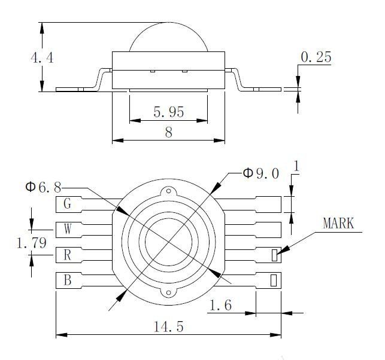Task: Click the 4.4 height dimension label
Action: coord(42,58)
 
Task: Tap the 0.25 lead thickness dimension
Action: coord(316,57)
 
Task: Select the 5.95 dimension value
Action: coord(169,112)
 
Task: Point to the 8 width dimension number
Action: coord(169,132)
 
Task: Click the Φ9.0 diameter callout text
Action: coord(261,173)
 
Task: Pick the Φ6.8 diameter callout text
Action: coord(44,187)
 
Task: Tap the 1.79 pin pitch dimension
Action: coord(31,243)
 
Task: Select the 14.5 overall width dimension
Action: coord(168,327)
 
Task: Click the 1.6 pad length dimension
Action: coord(220,306)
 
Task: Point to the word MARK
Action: coord(338,224)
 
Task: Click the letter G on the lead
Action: coord(67,203)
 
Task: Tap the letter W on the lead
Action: coord(68,229)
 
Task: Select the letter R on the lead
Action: coord(67,255)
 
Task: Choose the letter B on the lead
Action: coord(67,280)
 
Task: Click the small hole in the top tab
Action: coord(169,191)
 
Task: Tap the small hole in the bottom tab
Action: coord(169,292)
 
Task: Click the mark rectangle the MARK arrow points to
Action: coord(274,255)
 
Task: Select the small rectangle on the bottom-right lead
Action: coord(274,280)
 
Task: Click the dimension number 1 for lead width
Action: coord(296,166)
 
